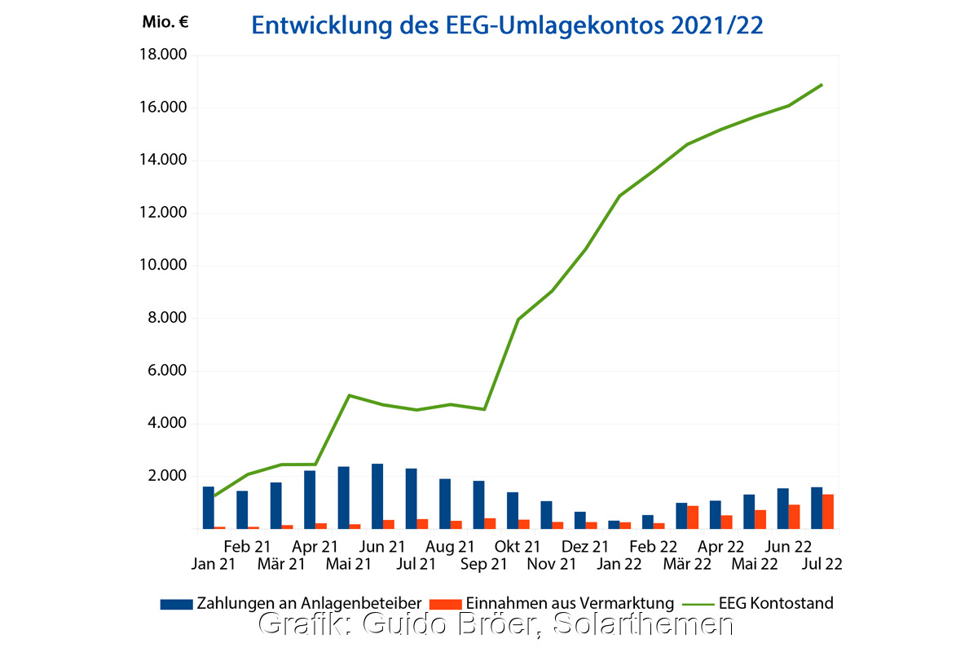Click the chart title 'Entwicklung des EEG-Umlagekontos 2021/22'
[506, 25]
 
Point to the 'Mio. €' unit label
[165, 22]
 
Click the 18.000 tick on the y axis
[164, 55]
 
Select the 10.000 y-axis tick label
[164, 266]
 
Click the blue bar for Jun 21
[377, 496]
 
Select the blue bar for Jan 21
[209, 508]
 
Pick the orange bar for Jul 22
[828, 512]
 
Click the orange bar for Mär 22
[693, 518]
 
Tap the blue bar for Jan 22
[614, 524]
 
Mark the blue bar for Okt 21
[513, 510]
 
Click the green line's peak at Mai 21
[349, 395]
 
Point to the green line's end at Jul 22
[822, 84]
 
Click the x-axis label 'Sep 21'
[484, 563]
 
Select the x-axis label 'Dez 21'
[585, 547]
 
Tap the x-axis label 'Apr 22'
[720, 547]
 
